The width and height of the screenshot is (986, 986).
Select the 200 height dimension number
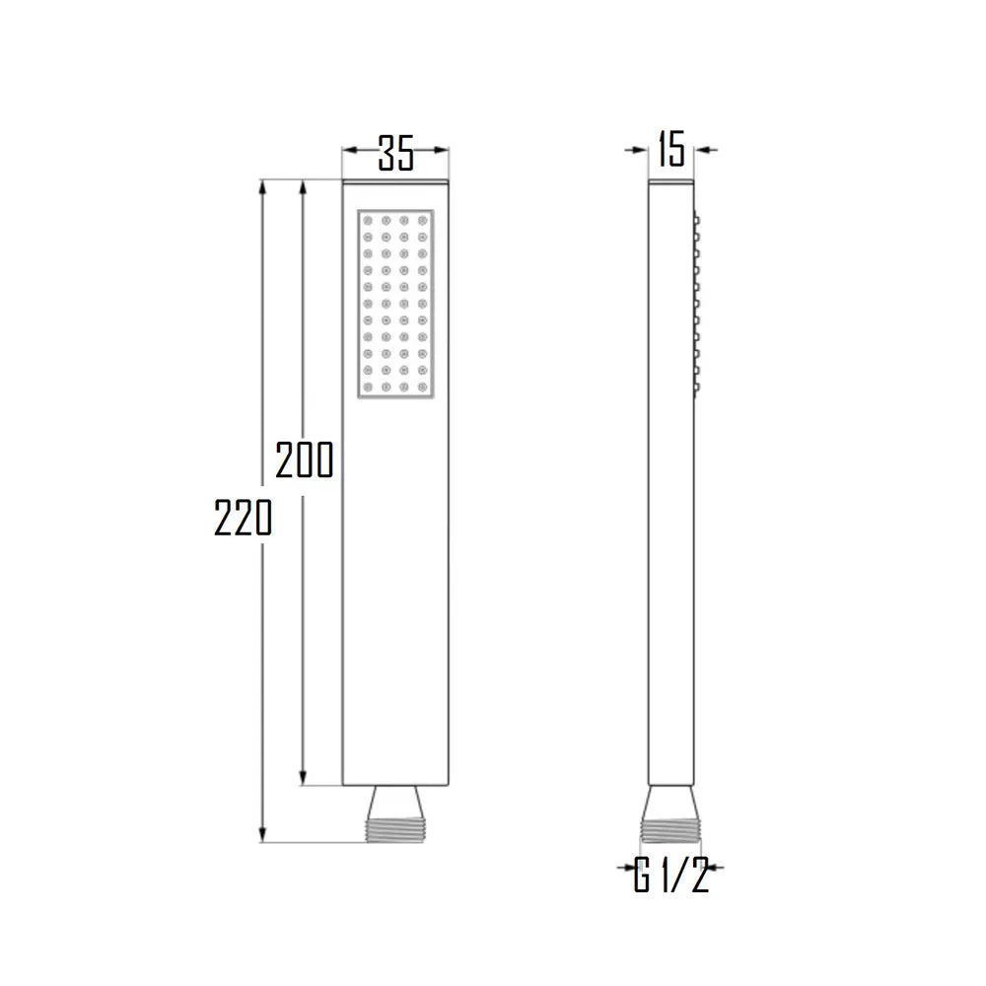[x=304, y=459]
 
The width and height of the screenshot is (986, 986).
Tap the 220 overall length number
[x=243, y=517]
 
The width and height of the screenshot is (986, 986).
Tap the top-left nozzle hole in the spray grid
[x=367, y=220]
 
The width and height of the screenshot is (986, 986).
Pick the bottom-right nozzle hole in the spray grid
[x=423, y=387]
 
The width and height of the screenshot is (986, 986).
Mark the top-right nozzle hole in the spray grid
[x=423, y=220]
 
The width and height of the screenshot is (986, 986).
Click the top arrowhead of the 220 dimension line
[x=263, y=187]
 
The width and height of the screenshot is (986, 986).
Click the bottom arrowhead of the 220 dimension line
[x=263, y=836]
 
